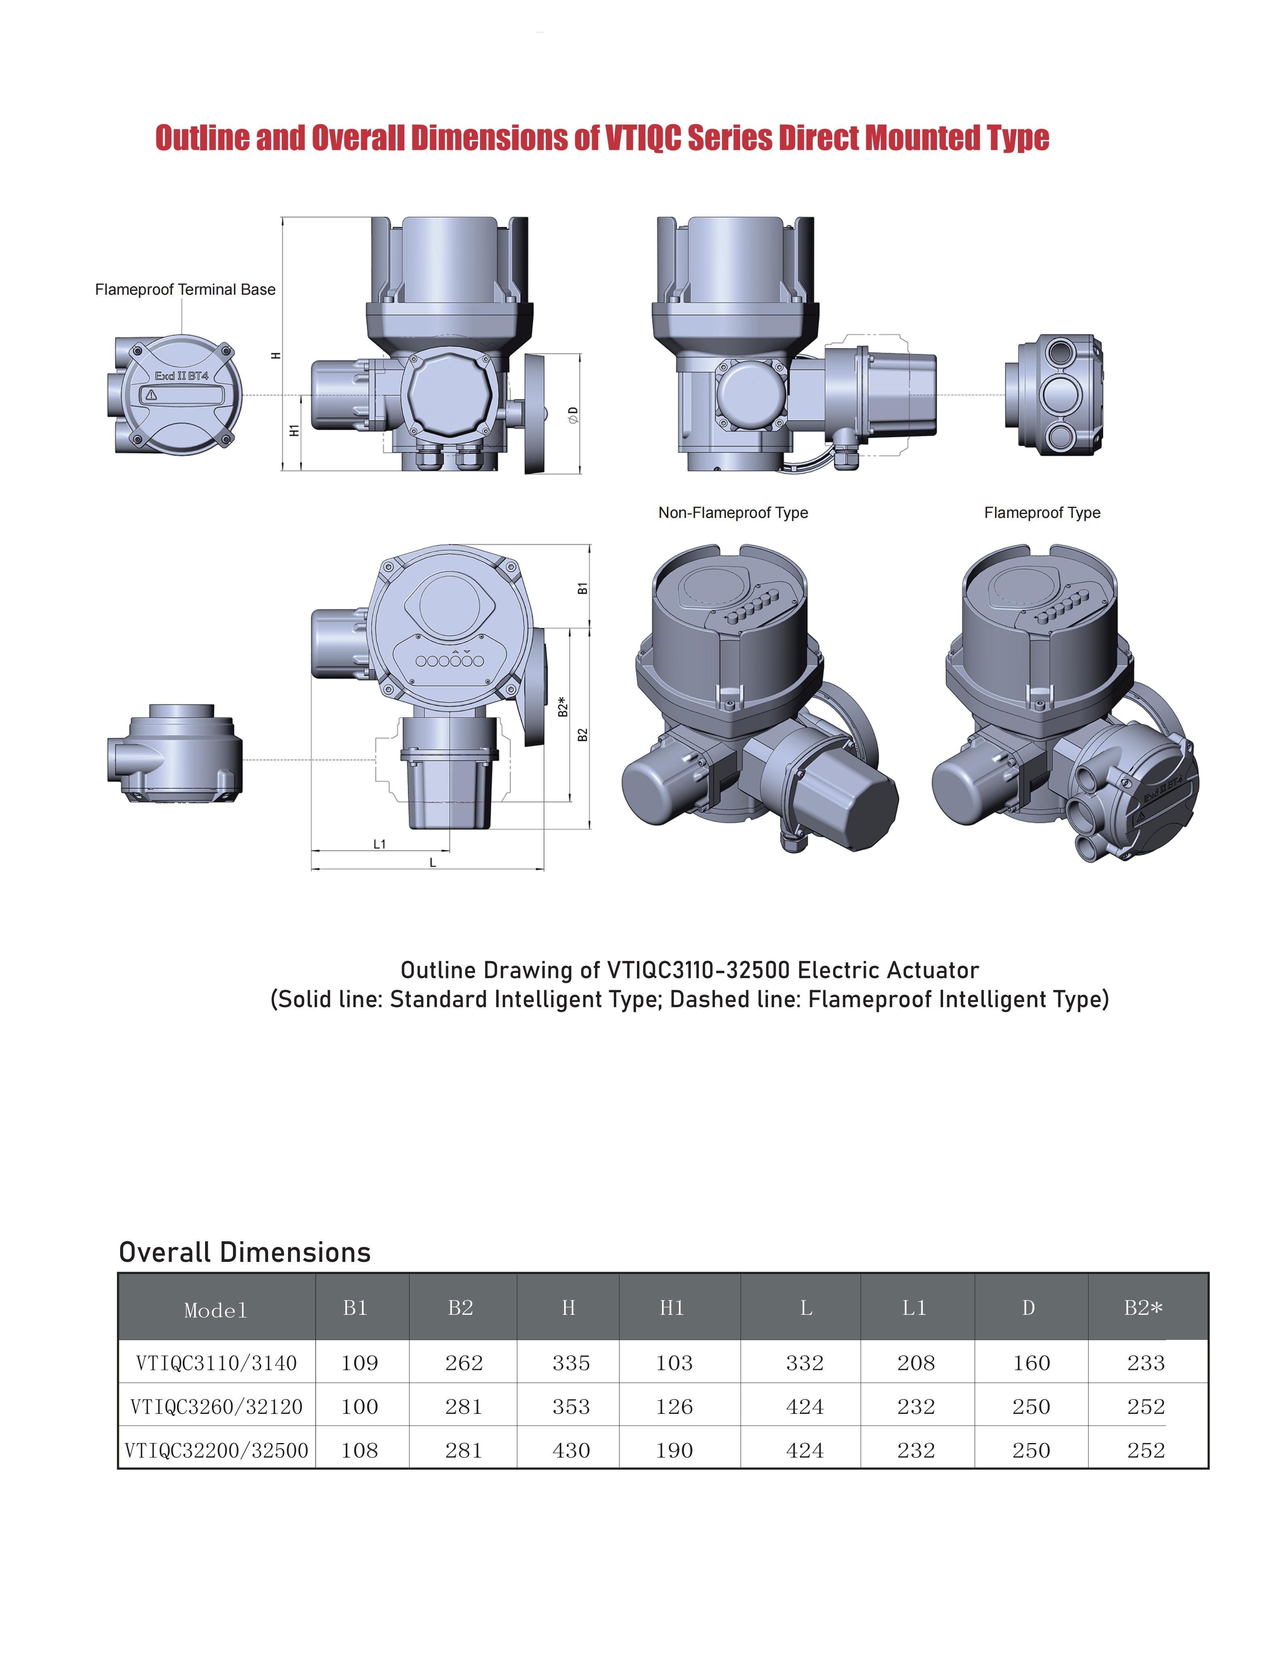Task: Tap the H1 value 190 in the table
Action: (x=674, y=1450)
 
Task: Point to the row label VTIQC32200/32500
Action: (x=216, y=1450)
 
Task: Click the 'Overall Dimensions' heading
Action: (x=245, y=1252)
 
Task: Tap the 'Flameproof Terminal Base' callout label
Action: (x=185, y=289)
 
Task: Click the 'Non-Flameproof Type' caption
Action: (x=733, y=513)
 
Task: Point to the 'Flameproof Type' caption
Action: (x=1042, y=513)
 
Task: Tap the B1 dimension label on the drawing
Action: (x=582, y=588)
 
